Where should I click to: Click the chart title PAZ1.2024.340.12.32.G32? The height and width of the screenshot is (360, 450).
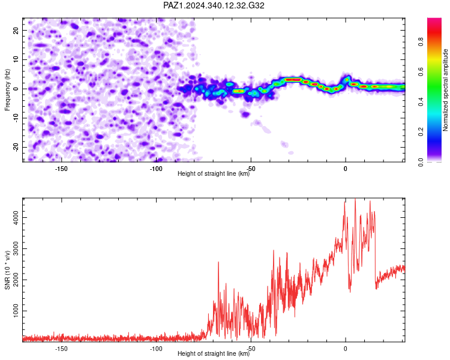214,5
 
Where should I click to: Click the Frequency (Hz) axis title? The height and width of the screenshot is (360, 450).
7,90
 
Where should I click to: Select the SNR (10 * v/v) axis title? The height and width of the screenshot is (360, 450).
7,270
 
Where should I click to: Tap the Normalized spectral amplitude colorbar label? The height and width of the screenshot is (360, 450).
445,90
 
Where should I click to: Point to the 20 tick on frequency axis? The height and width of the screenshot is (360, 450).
16,30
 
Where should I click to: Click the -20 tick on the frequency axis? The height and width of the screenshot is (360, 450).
16,147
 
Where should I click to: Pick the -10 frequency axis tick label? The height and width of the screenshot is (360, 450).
16,118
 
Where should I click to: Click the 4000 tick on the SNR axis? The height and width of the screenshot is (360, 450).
16,217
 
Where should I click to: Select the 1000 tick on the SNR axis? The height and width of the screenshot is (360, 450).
16,311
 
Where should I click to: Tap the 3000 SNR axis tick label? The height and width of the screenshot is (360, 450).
16,248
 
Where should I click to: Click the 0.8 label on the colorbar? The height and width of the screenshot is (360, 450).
421,41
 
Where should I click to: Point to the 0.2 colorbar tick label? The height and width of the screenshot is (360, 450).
421,131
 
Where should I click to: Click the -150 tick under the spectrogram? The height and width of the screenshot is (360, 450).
61,169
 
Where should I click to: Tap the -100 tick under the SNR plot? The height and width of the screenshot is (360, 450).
156,349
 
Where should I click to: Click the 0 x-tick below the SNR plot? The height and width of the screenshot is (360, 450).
346,349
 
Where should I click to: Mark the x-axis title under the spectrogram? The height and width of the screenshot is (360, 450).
214,173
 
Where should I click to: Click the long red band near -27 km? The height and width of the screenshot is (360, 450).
293,80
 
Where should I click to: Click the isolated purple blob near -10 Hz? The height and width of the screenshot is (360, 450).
245,114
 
